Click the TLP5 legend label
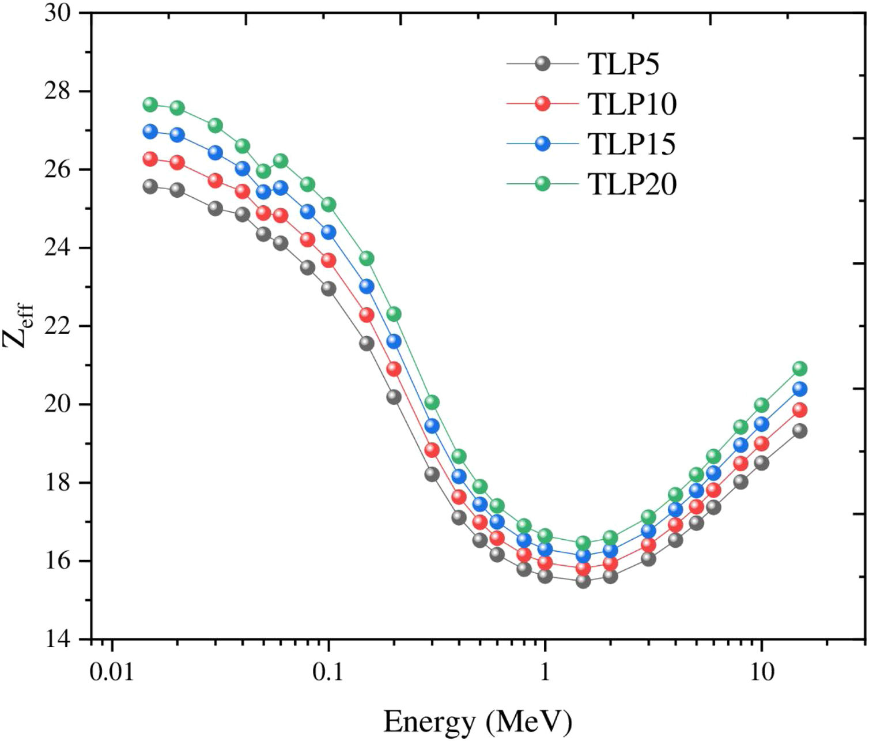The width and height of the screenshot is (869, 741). [x=624, y=63]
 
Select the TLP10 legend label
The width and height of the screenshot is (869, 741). [x=632, y=104]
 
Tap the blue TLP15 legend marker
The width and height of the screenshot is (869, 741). [x=542, y=144]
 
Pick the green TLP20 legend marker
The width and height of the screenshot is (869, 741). [x=542, y=184]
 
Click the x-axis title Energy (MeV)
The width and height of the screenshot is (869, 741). [x=478, y=721]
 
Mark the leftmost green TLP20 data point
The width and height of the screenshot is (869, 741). [x=150, y=104]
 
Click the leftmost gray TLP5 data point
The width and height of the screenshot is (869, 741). [x=150, y=186]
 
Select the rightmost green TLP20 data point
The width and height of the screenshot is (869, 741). [x=800, y=368]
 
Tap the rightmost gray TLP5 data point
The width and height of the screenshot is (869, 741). [x=800, y=430]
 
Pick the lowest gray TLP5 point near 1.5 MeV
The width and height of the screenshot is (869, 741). [x=583, y=581]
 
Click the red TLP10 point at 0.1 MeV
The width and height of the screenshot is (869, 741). [x=328, y=260]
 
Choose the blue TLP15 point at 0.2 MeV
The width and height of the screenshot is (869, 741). [x=394, y=341]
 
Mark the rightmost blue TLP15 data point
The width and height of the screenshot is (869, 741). [x=800, y=389]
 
